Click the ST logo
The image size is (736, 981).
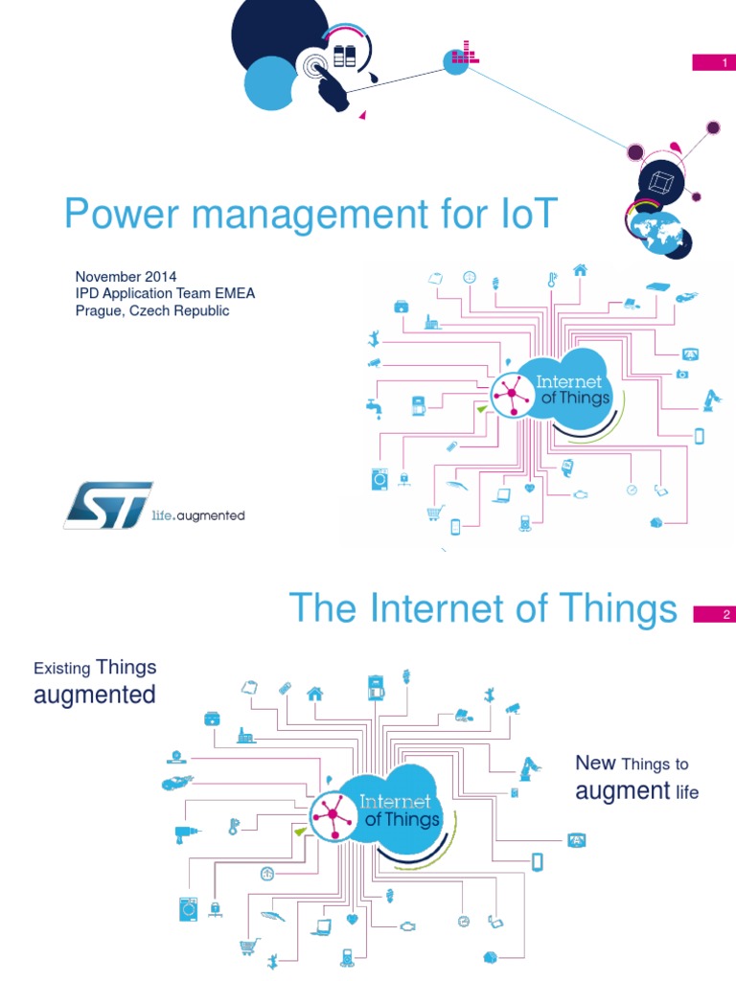click(107, 504)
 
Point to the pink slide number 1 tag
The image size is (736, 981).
click(713, 63)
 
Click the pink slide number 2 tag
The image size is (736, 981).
click(713, 615)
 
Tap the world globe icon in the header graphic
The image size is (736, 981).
click(656, 231)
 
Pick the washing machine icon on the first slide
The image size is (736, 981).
click(377, 478)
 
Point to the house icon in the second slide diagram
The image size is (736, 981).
click(314, 693)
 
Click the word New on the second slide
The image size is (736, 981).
click(594, 763)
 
